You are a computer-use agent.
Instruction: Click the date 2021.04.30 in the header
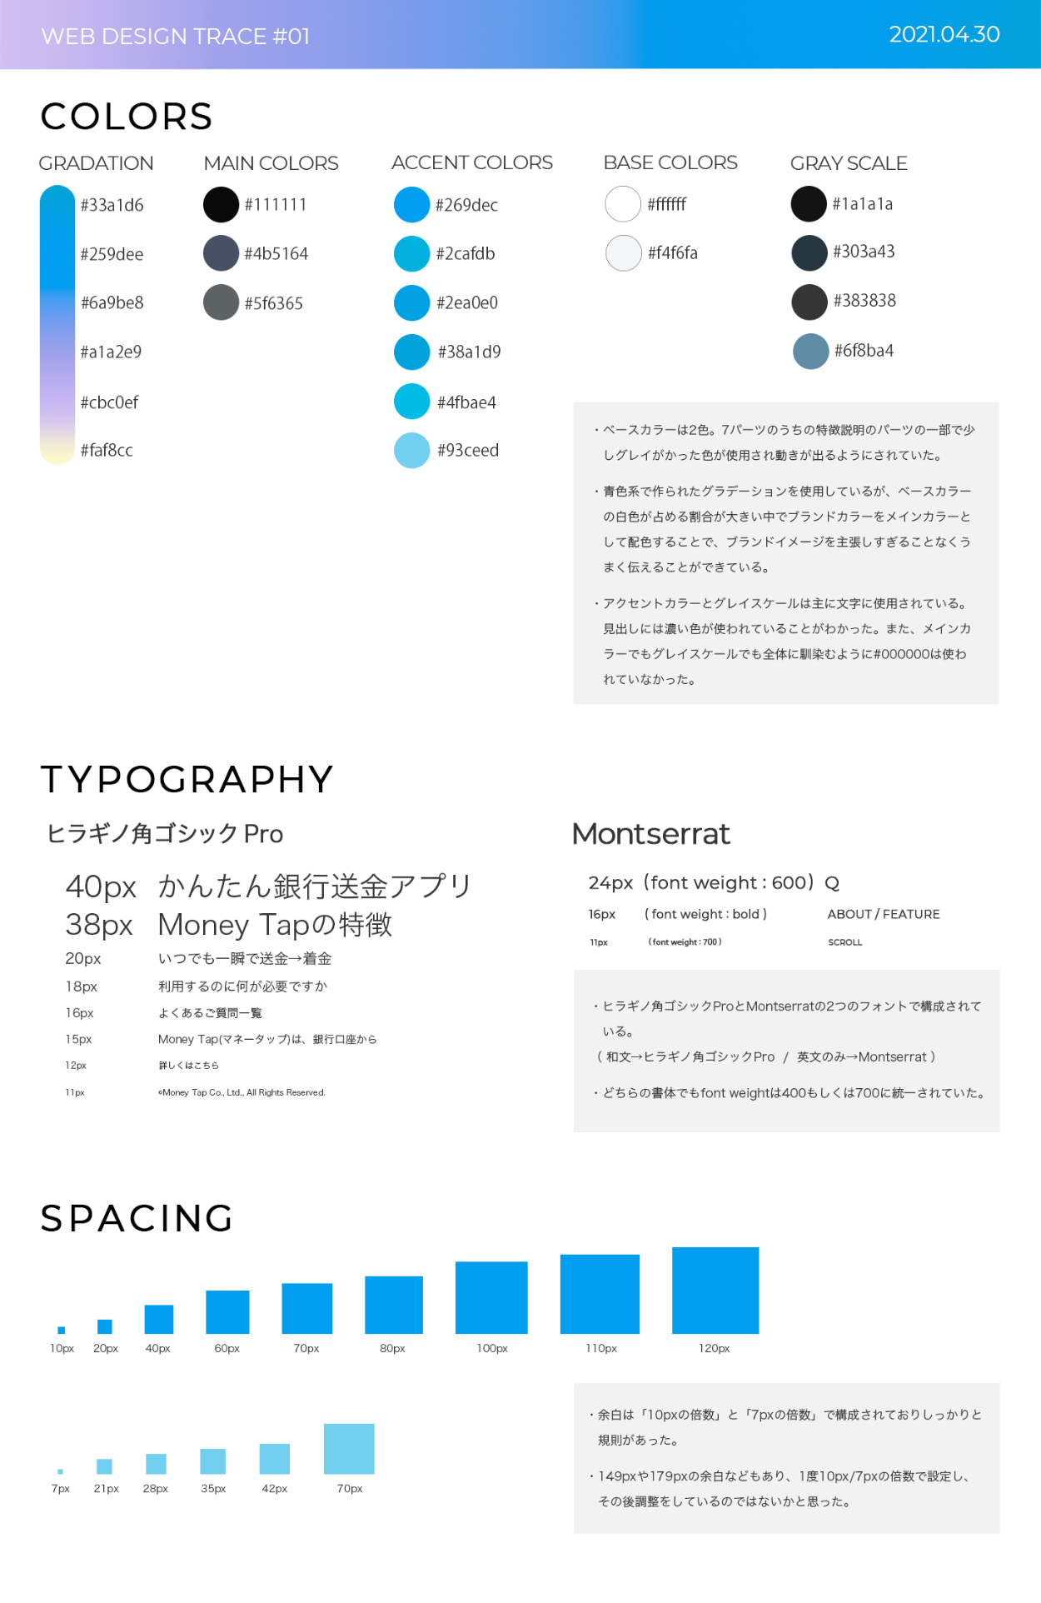click(x=944, y=34)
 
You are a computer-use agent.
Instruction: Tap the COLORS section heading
click(x=127, y=117)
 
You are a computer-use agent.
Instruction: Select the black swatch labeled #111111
click(x=222, y=205)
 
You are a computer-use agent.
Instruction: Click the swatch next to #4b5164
click(x=222, y=253)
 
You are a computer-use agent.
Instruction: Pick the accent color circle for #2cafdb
click(x=411, y=254)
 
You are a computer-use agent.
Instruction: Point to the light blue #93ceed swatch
click(x=411, y=451)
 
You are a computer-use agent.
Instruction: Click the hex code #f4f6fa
click(x=672, y=253)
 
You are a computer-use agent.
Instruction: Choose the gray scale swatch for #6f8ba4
click(x=810, y=351)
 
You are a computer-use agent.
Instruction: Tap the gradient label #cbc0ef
click(x=109, y=402)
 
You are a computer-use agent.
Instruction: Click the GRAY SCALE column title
click(x=849, y=163)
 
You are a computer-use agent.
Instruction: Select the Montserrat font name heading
click(x=650, y=834)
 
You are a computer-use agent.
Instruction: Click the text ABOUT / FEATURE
click(x=883, y=914)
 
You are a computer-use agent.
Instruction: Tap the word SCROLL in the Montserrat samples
click(x=844, y=942)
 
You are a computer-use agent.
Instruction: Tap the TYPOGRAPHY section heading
click(x=187, y=780)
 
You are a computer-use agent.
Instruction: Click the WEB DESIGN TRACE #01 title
click(x=176, y=37)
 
